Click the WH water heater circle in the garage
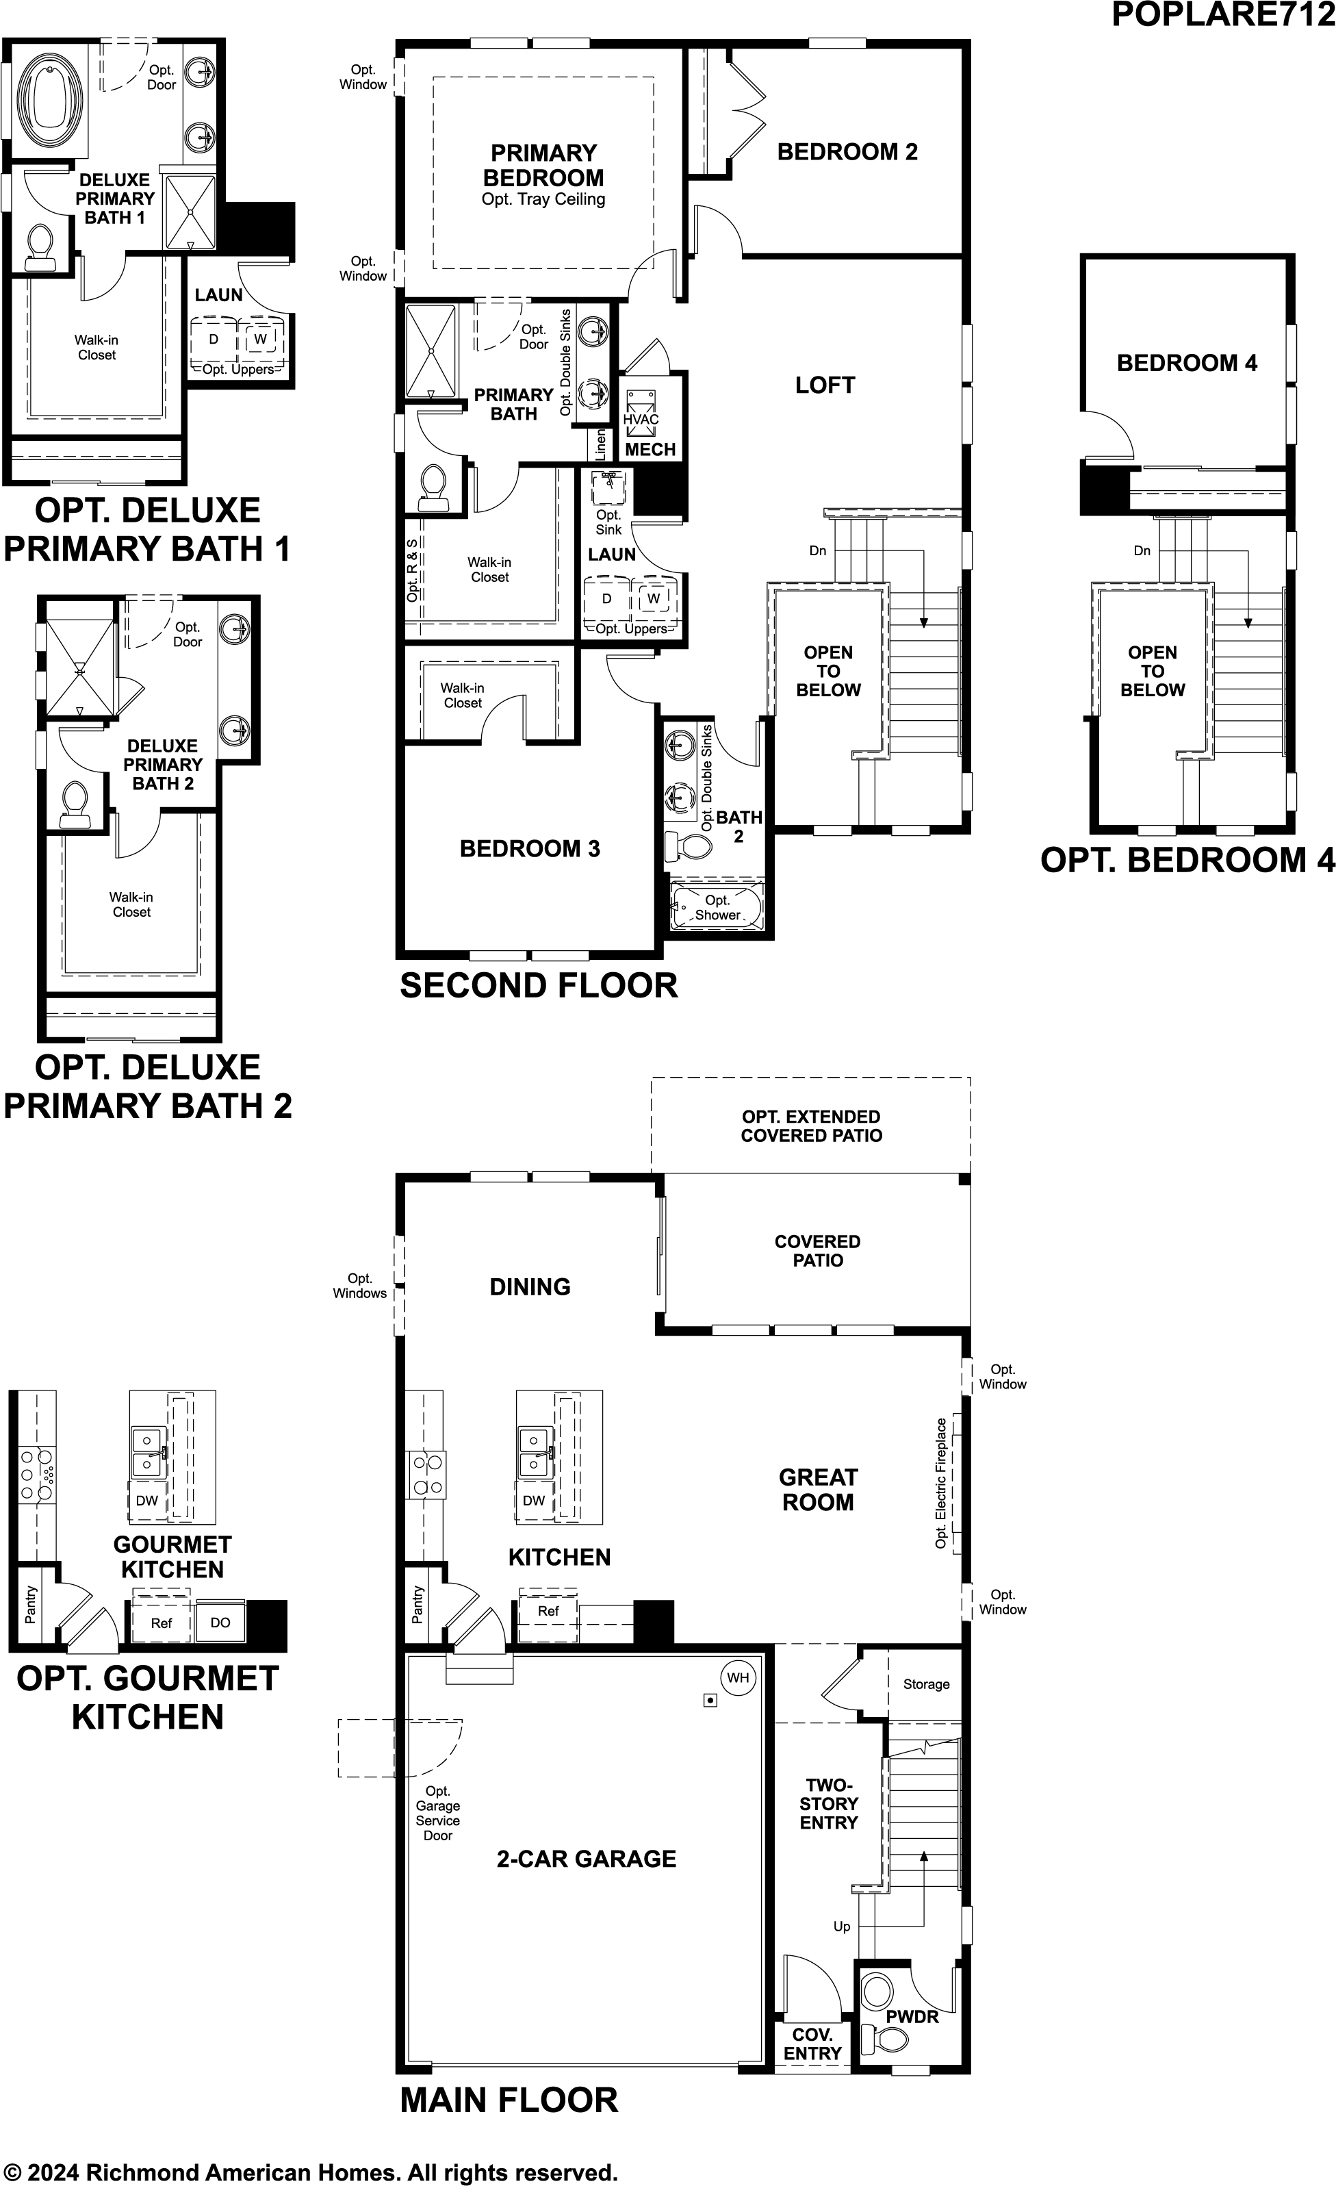tap(738, 1677)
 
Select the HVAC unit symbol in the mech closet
tap(641, 414)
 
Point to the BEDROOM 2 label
tap(847, 152)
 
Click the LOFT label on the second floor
tap(825, 385)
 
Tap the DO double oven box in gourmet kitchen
tap(220, 1623)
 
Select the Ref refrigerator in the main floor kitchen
tap(548, 1611)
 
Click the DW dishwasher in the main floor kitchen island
tap(533, 1500)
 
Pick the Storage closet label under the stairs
tap(926, 1684)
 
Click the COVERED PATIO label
tap(817, 1251)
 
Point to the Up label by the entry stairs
tap(842, 1926)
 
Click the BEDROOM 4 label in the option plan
tap(1186, 363)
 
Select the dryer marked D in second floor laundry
tap(607, 599)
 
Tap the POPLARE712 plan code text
tap(1222, 15)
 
